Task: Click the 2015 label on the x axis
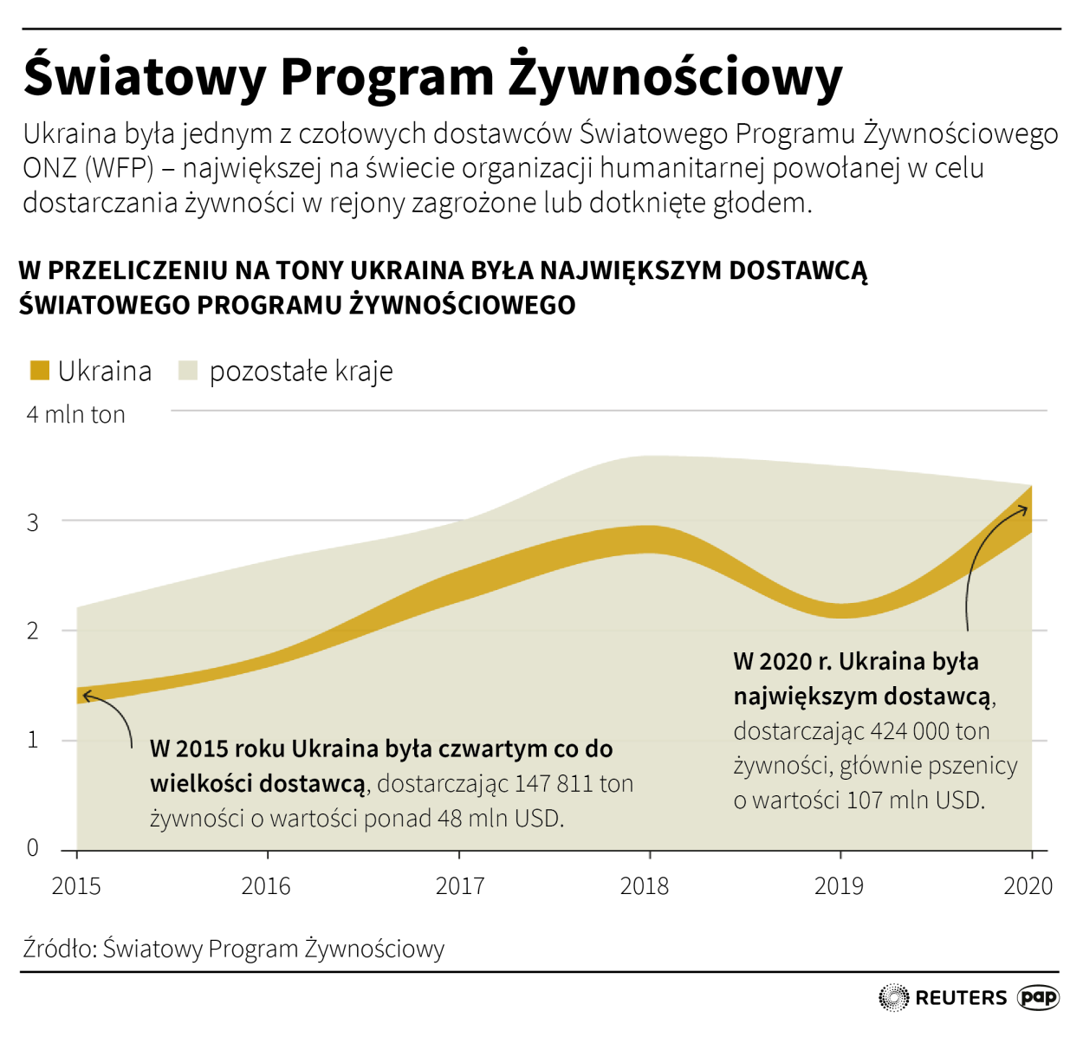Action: pos(76,885)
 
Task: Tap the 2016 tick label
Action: pos(266,885)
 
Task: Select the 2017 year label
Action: pos(460,885)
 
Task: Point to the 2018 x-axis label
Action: pos(645,885)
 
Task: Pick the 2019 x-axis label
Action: pos(839,885)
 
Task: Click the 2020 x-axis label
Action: pos(1028,885)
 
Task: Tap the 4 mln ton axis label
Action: pos(76,414)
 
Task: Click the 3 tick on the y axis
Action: pos(33,522)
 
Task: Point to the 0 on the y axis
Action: pos(33,847)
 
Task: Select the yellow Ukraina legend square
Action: pos(40,371)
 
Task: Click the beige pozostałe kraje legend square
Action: pos(188,371)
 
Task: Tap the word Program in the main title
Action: pos(386,76)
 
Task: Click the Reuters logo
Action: pos(943,998)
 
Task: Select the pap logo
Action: pos(1038,997)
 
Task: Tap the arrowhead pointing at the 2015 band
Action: pos(86,695)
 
